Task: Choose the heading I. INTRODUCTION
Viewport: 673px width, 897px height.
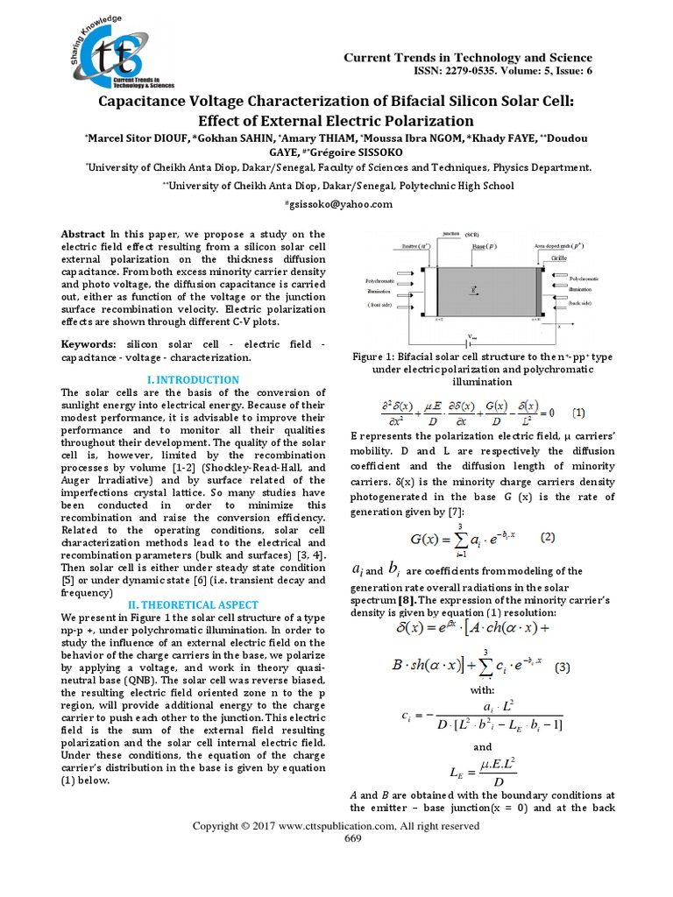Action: [x=192, y=380]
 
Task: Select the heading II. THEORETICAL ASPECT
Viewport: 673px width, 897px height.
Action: [x=192, y=604]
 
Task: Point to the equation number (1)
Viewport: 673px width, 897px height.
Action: [x=580, y=411]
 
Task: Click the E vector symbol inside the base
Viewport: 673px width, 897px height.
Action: [x=474, y=288]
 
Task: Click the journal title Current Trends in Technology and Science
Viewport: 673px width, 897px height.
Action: [x=467, y=58]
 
